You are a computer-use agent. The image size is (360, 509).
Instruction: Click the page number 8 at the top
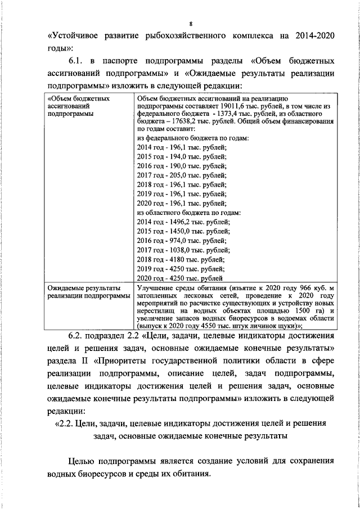point(191,24)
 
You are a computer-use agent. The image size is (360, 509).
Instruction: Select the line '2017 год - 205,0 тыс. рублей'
point(182,175)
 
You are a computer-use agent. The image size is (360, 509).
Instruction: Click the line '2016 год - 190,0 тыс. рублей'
point(182,166)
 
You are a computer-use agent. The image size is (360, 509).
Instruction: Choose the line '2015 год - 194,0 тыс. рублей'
point(182,156)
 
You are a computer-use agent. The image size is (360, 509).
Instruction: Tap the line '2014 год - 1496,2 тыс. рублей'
point(184,222)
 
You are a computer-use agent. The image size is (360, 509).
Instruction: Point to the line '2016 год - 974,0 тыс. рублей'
point(182,241)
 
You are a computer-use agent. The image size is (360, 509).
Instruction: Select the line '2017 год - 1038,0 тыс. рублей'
point(184,250)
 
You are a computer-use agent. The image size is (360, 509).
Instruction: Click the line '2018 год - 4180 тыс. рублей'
point(181,259)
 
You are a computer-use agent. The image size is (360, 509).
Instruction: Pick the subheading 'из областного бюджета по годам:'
point(189,213)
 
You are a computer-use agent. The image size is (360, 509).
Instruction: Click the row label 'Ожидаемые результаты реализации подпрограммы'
point(89,292)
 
